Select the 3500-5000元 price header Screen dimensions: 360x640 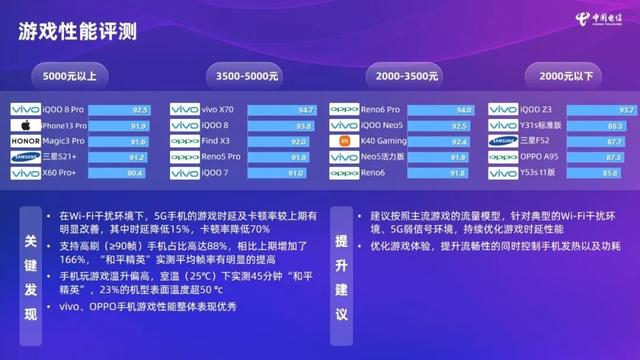pyautogui.click(x=246, y=75)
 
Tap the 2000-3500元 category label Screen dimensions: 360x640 pyautogui.click(x=406, y=75)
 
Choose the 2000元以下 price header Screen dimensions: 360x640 pyautogui.click(x=565, y=75)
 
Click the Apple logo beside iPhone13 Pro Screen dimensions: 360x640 pyautogui.click(x=22, y=126)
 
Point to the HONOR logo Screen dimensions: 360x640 pyautogui.click(x=24, y=142)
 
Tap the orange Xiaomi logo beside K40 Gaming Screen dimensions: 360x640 pyautogui.click(x=342, y=142)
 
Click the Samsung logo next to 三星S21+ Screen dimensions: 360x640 pyautogui.click(x=24, y=158)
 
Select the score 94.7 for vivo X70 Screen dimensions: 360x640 pyautogui.click(x=304, y=110)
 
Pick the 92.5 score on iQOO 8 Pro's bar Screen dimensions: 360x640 pyautogui.click(x=140, y=110)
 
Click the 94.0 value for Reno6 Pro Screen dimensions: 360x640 pyautogui.click(x=463, y=110)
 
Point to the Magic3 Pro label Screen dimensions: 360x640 pyautogui.click(x=63, y=142)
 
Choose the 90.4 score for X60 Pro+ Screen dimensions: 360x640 pyautogui.click(x=139, y=174)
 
